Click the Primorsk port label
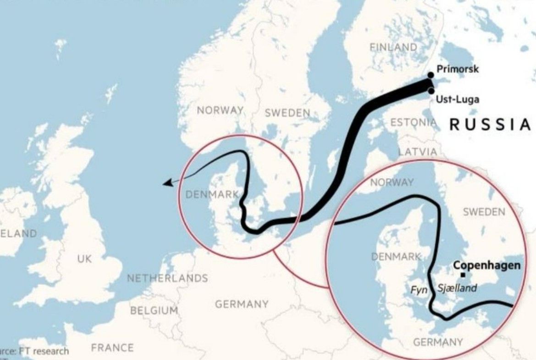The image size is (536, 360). [x=457, y=69]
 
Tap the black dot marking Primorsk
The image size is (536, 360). [x=430, y=75]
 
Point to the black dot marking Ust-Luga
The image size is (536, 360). [x=431, y=91]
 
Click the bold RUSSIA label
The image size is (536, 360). [x=490, y=124]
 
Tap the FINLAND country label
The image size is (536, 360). [x=393, y=47]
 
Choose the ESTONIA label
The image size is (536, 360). [x=413, y=122]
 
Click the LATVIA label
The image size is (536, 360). [x=417, y=151]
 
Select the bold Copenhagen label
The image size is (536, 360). [x=486, y=266]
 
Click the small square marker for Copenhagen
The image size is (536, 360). [x=463, y=275]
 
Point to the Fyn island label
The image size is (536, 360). [x=419, y=290]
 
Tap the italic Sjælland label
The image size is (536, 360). [x=457, y=288]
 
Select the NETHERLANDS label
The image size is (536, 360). [x=167, y=278]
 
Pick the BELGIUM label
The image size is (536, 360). [x=154, y=310]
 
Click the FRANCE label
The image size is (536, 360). [x=112, y=348]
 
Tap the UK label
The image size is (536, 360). [x=84, y=259]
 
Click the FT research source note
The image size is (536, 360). [x=34, y=351]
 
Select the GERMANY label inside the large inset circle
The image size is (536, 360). [x=438, y=342]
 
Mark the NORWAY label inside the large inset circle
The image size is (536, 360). [x=392, y=182]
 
